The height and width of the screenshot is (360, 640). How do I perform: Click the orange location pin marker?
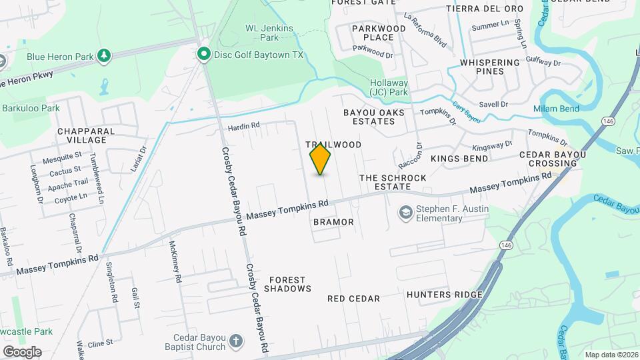pyautogui.click(x=321, y=159)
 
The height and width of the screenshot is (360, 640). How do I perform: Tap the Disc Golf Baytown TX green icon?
pyautogui.click(x=203, y=54)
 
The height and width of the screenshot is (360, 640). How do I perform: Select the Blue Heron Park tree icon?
pyautogui.click(x=103, y=57)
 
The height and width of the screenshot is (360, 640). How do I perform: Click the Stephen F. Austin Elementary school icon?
pyautogui.click(x=405, y=213)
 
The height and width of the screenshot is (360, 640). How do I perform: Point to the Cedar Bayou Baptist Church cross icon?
pyautogui.click(x=235, y=342)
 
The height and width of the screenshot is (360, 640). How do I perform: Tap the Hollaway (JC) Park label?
pyautogui.click(x=389, y=87)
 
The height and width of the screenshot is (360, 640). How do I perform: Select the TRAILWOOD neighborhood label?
pyautogui.click(x=333, y=145)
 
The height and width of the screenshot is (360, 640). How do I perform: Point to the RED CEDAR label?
pyautogui.click(x=353, y=299)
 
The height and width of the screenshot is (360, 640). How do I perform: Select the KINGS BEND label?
pyautogui.click(x=459, y=159)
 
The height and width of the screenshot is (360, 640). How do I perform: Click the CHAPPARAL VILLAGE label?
pyautogui.click(x=87, y=135)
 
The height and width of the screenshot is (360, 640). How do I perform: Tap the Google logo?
pyautogui.click(x=21, y=351)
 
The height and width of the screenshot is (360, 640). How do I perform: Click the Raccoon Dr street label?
pyautogui.click(x=419, y=155)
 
